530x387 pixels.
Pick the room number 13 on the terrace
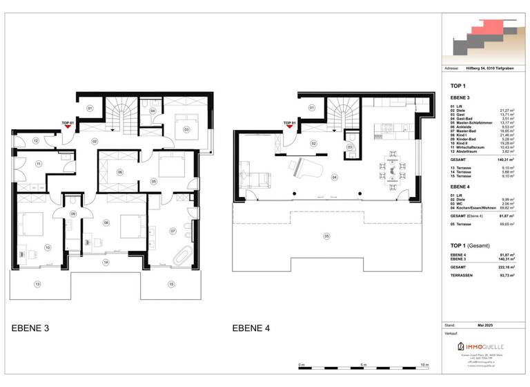pos(37,284)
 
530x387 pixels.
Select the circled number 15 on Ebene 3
pos(170,284)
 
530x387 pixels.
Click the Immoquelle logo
pos(480,346)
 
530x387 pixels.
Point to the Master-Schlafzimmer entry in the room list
pos(472,122)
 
